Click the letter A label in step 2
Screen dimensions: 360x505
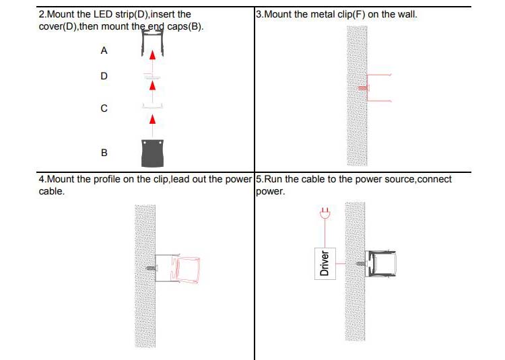[x=104, y=50]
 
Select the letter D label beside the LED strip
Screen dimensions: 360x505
[x=104, y=76]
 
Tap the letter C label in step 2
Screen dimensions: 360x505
[x=104, y=108]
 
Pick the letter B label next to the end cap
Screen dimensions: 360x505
[x=104, y=153]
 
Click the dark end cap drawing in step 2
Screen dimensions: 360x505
[x=152, y=153]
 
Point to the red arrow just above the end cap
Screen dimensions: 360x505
[x=153, y=120]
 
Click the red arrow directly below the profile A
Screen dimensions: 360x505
[x=153, y=57]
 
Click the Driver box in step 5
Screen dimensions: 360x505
[x=325, y=262]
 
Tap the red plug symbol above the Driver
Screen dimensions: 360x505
[x=325, y=213]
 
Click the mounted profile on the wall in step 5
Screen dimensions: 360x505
[x=382, y=263]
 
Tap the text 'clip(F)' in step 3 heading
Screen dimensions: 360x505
[x=339, y=13]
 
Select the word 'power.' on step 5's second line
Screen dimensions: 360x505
[x=271, y=192]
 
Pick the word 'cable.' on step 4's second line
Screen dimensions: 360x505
[x=52, y=192]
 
